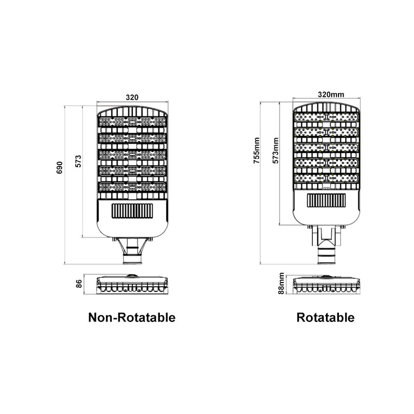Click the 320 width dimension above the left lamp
pyautogui.click(x=132, y=97)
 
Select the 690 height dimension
pyautogui.click(x=60, y=168)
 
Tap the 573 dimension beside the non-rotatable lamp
pyautogui.click(x=79, y=161)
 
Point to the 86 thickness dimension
pyautogui.click(x=79, y=284)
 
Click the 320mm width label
pyautogui.click(x=331, y=94)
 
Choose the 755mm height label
pyautogui.click(x=257, y=150)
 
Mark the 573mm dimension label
pyautogui.click(x=276, y=150)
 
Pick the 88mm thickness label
pyautogui.click(x=282, y=283)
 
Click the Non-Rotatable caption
pyautogui.click(x=132, y=317)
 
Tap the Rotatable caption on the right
pyautogui.click(x=326, y=317)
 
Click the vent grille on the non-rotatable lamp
pyautogui.click(x=132, y=211)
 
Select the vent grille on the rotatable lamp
pyautogui.click(x=327, y=200)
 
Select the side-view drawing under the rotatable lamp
pyautogui.click(x=327, y=284)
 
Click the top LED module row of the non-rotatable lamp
pyautogui.click(x=132, y=122)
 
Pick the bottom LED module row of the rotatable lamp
pyautogui.click(x=327, y=178)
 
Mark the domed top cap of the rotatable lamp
pyautogui.click(x=327, y=107)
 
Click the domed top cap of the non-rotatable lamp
pyautogui.click(x=132, y=111)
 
